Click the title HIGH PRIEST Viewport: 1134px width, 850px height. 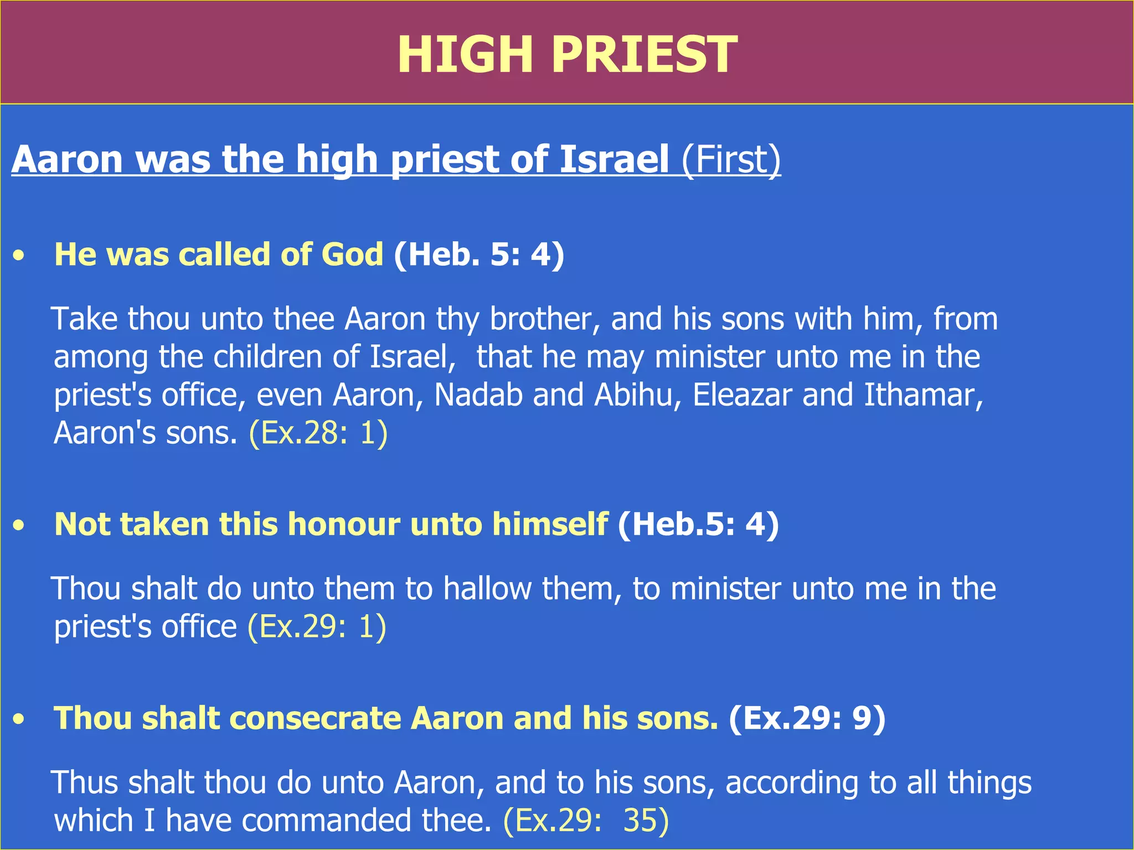point(567,54)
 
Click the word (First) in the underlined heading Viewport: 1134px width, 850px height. point(731,159)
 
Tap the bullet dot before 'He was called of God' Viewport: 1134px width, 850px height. point(20,256)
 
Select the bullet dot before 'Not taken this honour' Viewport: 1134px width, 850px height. point(20,525)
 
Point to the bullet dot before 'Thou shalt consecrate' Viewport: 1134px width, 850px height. point(20,719)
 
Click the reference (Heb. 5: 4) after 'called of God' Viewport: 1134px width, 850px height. point(479,255)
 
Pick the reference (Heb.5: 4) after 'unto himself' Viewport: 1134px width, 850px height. point(698,524)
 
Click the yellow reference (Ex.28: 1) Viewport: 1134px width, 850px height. point(318,433)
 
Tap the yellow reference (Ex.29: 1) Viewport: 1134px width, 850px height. point(317,626)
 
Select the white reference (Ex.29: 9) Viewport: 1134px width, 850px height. point(807,718)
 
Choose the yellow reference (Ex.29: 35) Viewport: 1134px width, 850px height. point(586,820)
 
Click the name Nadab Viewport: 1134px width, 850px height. point(478,395)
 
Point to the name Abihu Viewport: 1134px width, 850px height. point(633,395)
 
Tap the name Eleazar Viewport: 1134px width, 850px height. point(742,395)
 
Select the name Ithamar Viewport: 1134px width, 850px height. point(922,395)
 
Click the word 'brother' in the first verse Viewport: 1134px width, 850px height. point(545,319)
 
